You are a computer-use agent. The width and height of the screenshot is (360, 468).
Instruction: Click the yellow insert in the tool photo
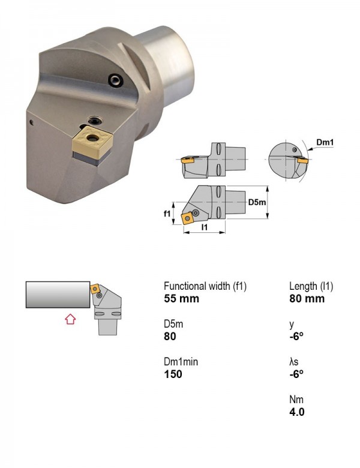(92, 142)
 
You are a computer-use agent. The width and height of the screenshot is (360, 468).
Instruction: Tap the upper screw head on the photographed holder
(116, 80)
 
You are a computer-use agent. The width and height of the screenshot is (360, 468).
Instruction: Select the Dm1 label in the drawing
(325, 142)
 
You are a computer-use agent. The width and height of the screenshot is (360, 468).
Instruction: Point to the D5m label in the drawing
(257, 202)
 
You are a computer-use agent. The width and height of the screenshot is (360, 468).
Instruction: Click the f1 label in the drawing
(167, 214)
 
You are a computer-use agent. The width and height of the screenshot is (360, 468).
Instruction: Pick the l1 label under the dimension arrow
(205, 227)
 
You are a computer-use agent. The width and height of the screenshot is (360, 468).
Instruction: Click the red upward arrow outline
(70, 319)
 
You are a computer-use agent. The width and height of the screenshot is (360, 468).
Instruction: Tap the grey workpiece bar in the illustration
(58, 294)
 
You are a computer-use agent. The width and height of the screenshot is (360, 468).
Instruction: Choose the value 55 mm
(181, 299)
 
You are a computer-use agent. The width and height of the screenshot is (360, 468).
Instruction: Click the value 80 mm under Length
(307, 299)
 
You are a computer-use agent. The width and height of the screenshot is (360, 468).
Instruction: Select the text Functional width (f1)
(205, 286)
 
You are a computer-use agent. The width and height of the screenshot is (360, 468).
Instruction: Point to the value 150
(173, 374)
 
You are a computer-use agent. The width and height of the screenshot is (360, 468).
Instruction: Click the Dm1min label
(181, 362)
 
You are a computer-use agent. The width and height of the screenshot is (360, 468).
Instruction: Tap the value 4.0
(297, 412)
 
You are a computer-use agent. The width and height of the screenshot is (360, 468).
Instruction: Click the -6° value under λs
(296, 374)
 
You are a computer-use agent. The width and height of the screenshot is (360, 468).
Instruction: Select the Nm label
(296, 400)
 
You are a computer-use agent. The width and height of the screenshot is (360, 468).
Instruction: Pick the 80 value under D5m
(170, 337)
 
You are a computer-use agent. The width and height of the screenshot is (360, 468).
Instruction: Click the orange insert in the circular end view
(303, 160)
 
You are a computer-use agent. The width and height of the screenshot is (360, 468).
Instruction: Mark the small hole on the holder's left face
(32, 122)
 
